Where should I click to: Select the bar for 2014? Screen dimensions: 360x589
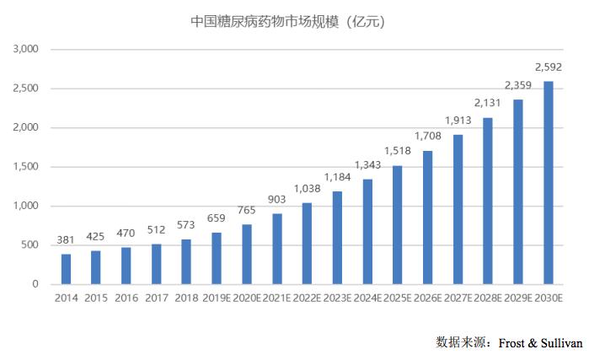[66, 269]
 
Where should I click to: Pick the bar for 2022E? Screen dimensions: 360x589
[307, 244]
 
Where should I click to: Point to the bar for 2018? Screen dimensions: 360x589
[186, 261]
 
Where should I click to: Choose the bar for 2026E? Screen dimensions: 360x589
[428, 218]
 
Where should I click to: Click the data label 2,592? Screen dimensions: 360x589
[549, 67]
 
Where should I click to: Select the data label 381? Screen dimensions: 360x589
[66, 240]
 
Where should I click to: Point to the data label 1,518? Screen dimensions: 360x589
[398, 152]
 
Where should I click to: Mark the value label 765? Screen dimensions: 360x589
[247, 210]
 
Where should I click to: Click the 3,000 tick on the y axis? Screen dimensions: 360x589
[26, 49]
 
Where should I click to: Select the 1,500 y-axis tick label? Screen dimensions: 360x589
[26, 167]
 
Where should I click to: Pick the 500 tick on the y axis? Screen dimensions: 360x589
[30, 245]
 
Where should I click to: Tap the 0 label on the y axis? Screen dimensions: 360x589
[35, 284]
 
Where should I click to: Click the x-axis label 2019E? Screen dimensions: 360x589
[217, 298]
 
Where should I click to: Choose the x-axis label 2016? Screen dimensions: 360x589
[126, 298]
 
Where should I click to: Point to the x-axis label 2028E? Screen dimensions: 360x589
[488, 298]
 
